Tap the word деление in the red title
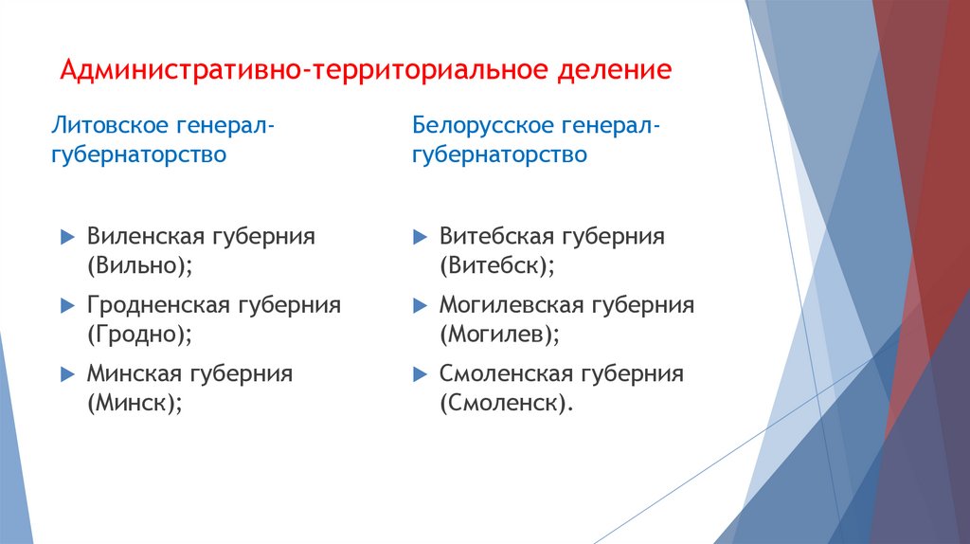614,70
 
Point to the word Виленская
146,236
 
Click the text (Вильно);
140,265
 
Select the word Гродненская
158,304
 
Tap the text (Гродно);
140,335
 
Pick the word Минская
135,373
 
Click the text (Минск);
135,403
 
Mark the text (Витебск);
497,265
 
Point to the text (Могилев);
500,335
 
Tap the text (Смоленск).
507,403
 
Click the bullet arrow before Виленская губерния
67,236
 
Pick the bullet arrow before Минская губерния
67,373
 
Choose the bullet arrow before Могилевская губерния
420,305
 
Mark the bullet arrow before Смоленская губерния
420,373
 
